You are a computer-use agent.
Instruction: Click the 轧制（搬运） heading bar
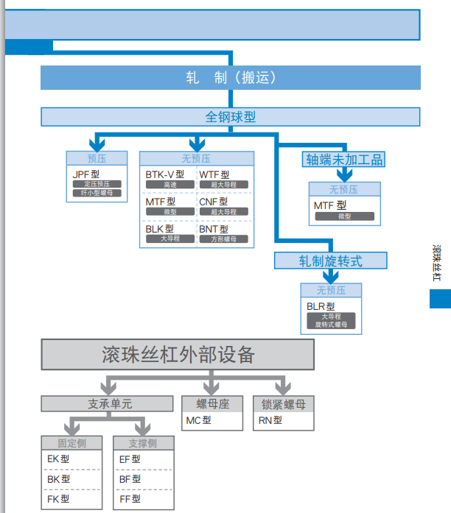coord(230,77)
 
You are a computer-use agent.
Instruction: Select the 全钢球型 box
coord(230,116)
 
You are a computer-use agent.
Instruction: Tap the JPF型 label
coord(85,174)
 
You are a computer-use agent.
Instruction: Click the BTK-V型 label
coord(164,174)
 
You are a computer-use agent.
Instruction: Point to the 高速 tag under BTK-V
coord(170,185)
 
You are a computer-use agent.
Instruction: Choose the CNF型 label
coord(213,202)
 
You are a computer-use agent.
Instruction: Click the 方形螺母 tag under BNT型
coord(224,238)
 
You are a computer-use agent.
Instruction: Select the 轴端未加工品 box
coord(344,160)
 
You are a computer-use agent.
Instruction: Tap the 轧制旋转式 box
coord(330,261)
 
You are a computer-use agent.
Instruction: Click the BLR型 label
coord(321,306)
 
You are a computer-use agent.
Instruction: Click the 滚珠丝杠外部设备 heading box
coord(178,355)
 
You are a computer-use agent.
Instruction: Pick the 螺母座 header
coord(212,404)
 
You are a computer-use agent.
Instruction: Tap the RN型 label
coord(270,421)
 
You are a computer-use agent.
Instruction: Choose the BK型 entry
coord(58,479)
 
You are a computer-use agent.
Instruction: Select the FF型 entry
coord(130,499)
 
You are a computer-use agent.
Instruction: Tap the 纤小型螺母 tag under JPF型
coord(97,193)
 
